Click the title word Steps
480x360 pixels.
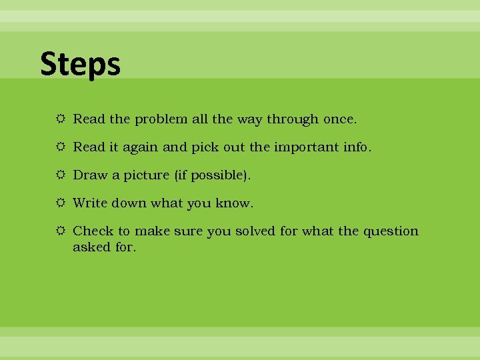[x=80, y=65]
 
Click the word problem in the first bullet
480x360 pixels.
[x=161, y=119]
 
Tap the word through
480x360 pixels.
[x=293, y=120]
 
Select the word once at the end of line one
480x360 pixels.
[x=339, y=120]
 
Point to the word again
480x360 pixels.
[x=139, y=148]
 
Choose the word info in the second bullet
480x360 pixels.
[x=356, y=147]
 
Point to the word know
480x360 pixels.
[x=233, y=203]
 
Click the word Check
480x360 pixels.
[x=93, y=231]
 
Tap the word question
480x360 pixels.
[x=391, y=231]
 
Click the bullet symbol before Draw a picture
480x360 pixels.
[x=61, y=175]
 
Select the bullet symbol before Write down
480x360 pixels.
[x=61, y=203]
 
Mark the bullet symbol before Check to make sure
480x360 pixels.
[x=61, y=231]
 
